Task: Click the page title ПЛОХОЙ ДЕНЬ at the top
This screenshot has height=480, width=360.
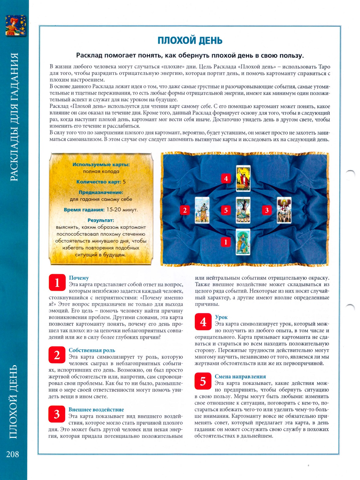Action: click(190, 40)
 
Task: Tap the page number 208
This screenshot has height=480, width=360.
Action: click(13, 454)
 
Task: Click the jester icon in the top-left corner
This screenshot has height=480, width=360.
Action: click(16, 25)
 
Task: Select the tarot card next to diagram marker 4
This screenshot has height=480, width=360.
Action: click(243, 178)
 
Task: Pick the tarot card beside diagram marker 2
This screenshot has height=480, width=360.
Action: click(202, 210)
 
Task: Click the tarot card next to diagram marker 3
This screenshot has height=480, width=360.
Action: click(284, 210)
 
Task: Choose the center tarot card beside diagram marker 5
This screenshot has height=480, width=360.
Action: click(243, 210)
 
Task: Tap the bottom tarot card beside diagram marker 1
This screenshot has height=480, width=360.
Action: click(243, 242)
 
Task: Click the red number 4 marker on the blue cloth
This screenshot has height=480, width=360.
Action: click(226, 178)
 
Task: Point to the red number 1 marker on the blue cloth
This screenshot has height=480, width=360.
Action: click(226, 242)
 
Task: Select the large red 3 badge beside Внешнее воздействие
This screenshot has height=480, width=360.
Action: click(57, 414)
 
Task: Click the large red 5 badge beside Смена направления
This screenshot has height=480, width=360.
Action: click(203, 381)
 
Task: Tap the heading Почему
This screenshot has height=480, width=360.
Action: click(79, 278)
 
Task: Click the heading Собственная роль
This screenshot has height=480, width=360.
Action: click(92, 350)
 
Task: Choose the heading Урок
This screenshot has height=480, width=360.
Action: click(221, 317)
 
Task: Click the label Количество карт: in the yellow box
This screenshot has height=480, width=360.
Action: click(99, 182)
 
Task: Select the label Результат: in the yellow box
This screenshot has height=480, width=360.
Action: click(101, 220)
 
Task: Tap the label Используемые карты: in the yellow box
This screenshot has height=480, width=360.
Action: click(101, 165)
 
